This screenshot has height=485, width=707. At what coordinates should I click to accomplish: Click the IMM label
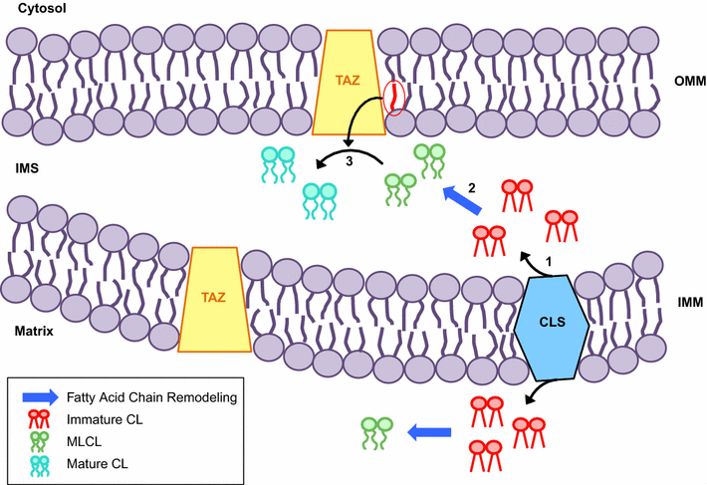click(x=687, y=301)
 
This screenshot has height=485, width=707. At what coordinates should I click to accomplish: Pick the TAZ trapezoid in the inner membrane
click(x=214, y=296)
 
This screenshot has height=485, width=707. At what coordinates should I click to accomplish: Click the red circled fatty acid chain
click(x=395, y=99)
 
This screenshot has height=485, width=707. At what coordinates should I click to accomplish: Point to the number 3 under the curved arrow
click(x=349, y=161)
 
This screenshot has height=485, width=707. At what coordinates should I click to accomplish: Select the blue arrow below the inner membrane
click(x=423, y=432)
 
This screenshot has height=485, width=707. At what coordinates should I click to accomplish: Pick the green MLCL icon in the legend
click(x=40, y=441)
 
